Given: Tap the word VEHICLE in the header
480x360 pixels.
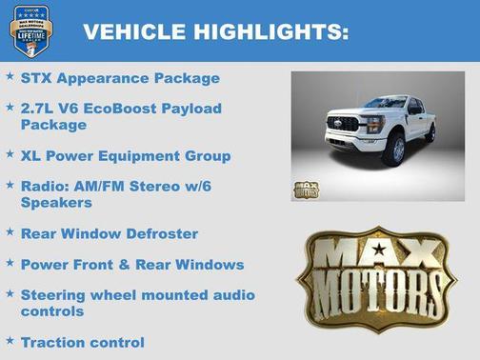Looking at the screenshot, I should tap(131, 31).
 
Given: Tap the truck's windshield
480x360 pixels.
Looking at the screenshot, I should tap(386, 103).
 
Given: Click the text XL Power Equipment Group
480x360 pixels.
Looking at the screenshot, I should tap(126, 155).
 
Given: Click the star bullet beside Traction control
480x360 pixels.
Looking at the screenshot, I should tap(10, 341).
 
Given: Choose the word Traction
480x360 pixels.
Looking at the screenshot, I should tap(53, 342).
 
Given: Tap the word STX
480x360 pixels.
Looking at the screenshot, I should tap(37, 78).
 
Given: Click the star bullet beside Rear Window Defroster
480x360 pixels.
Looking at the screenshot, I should tap(10, 232).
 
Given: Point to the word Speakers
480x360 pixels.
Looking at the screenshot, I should tap(56, 202).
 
